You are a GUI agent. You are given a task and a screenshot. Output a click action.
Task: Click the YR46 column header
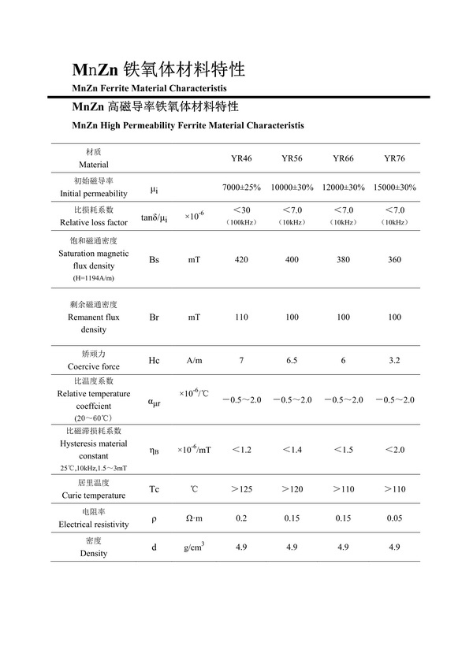[x=241, y=158]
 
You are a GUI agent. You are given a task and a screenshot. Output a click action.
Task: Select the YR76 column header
[x=394, y=158]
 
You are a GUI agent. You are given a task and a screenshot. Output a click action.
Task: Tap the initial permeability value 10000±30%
[x=292, y=187]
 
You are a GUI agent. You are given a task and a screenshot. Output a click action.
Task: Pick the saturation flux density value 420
[x=241, y=259]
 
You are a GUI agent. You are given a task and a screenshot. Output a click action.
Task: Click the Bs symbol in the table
[x=154, y=259]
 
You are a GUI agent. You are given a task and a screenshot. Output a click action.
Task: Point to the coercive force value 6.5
[x=292, y=360]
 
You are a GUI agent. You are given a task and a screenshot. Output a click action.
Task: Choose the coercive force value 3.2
[x=394, y=360]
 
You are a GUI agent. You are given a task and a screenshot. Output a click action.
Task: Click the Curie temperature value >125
[x=241, y=489]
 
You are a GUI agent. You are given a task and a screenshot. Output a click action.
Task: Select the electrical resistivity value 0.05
[x=394, y=518]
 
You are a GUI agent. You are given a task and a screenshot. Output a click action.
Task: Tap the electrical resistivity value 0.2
[x=241, y=518]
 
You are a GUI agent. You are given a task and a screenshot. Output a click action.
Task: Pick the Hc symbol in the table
[x=154, y=360]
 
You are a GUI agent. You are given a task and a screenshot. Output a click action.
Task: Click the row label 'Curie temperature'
[x=94, y=495]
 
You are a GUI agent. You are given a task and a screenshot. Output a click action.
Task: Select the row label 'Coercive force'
[x=94, y=366]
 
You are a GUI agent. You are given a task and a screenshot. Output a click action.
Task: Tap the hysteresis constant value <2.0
[x=394, y=449]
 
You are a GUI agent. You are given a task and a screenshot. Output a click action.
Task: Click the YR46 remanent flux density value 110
[x=241, y=317]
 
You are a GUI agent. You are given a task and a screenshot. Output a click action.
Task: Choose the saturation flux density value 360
[x=394, y=259]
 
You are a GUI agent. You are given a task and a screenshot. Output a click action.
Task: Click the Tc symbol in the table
[x=154, y=489]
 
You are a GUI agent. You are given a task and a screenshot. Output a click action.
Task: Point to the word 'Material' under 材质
[x=94, y=165]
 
